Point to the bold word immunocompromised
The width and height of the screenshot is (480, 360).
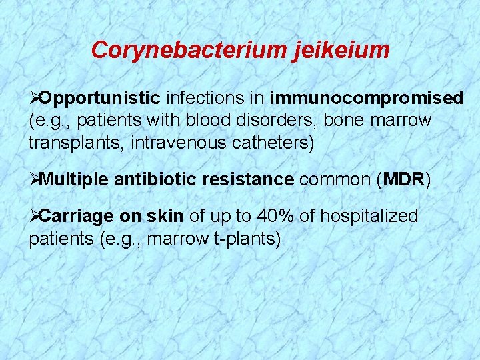click(367, 99)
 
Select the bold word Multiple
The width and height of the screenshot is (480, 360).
click(75, 179)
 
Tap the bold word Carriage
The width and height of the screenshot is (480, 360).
click(77, 216)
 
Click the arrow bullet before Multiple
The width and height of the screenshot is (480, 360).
click(34, 179)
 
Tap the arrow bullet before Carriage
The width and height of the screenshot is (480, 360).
click(34, 216)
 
